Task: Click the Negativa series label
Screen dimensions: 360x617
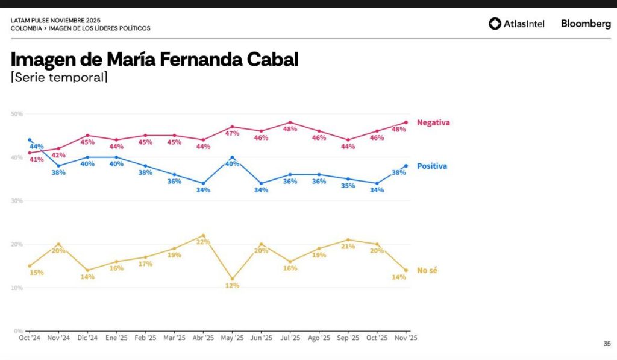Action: [x=433, y=122]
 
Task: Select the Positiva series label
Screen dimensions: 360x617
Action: [x=432, y=166]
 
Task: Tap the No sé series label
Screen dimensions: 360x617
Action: [x=427, y=270]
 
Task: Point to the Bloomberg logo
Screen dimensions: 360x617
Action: [x=586, y=24]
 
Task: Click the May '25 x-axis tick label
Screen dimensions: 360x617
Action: [x=232, y=338]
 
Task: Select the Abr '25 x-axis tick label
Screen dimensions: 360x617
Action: [x=202, y=338]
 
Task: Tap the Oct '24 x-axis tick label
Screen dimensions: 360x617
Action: [x=29, y=338]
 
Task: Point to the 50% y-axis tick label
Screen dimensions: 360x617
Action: [x=17, y=114]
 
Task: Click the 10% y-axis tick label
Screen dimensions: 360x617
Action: [x=17, y=288]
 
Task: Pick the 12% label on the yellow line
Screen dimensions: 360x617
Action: [x=232, y=286]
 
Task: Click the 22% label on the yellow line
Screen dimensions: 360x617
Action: [x=203, y=242]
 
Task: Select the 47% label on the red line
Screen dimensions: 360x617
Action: [x=232, y=133]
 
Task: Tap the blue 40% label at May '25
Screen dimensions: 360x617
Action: [x=232, y=163]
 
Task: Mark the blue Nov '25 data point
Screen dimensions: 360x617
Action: [x=406, y=166]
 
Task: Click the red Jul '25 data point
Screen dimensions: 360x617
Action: [x=290, y=122]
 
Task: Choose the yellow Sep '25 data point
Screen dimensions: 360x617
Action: [x=348, y=240]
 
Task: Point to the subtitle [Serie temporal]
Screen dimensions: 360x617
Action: [x=59, y=77]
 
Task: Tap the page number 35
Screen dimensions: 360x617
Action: [x=607, y=344]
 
